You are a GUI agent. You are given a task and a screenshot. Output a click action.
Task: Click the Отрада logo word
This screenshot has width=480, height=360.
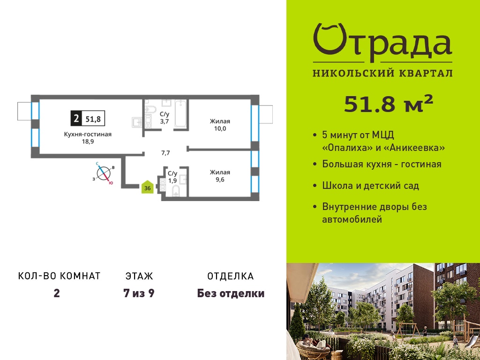(382, 43)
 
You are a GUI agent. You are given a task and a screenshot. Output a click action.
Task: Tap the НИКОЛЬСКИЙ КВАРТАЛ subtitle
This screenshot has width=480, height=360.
(382, 73)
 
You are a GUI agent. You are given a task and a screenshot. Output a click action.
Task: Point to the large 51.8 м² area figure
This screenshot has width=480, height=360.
(389, 104)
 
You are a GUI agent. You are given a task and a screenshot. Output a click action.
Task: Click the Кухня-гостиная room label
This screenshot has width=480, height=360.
(88, 135)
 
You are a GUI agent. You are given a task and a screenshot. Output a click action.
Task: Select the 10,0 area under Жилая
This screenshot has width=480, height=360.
(220, 128)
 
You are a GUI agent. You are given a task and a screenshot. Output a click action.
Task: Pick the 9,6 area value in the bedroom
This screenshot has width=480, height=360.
(220, 180)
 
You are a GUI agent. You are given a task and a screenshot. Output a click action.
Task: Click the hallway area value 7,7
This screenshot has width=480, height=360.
(165, 153)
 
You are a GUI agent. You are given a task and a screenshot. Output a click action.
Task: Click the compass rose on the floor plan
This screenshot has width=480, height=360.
(104, 173)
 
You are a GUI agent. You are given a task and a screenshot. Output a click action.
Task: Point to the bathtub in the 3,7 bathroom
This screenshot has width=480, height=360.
(180, 113)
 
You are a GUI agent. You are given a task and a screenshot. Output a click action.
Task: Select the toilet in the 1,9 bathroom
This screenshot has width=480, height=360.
(176, 190)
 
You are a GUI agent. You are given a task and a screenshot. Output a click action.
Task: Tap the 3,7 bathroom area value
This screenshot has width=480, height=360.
(165, 121)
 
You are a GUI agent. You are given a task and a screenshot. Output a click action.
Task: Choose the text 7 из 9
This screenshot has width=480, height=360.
(139, 293)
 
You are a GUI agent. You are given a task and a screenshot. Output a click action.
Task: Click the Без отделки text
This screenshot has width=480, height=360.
(231, 293)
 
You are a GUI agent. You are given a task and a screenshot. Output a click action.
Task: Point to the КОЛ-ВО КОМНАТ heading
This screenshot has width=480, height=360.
(60, 276)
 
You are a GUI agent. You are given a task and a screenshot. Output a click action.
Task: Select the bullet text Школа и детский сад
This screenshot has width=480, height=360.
(371, 186)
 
